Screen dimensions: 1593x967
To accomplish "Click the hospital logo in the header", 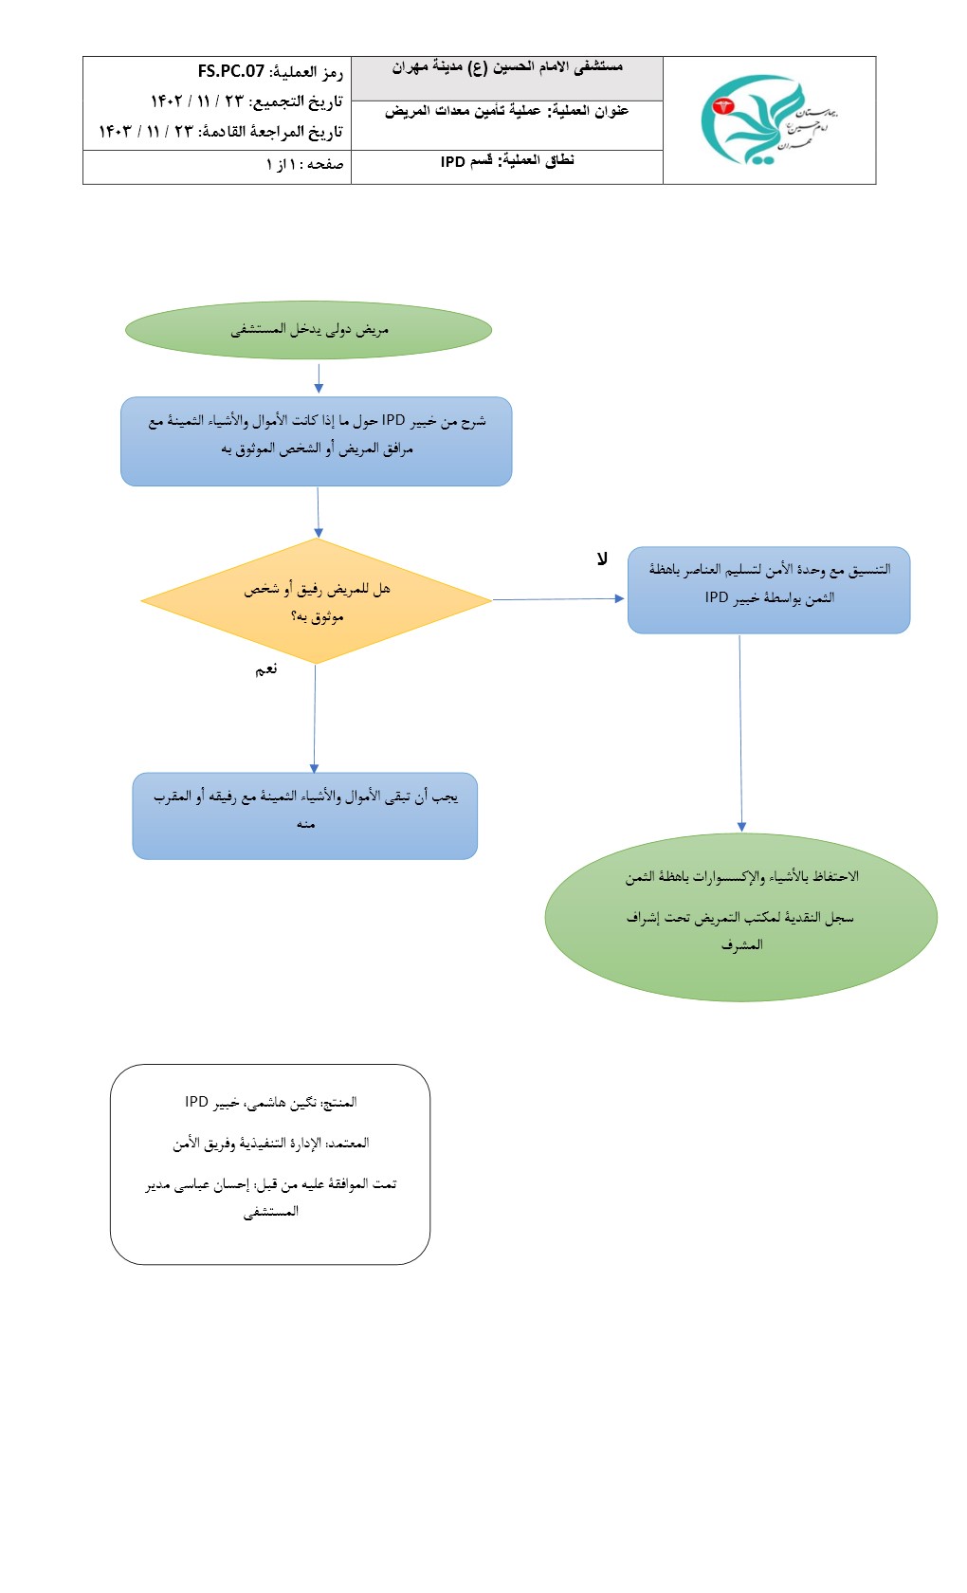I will click(x=768, y=120).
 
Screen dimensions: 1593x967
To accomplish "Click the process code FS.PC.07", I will click(x=230, y=72).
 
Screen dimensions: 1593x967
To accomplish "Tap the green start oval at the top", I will click(x=309, y=330).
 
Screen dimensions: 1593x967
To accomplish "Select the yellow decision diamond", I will click(x=316, y=601).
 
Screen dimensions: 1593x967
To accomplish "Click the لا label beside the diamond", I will click(x=602, y=559).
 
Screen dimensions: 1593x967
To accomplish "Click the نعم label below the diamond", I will click(x=266, y=669).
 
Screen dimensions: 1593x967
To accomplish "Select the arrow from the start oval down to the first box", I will click(x=319, y=376).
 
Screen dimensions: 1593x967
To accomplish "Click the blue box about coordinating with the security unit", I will click(x=769, y=590).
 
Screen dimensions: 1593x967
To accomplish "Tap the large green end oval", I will click(x=740, y=916).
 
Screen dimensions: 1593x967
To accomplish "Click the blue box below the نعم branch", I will click(x=304, y=815).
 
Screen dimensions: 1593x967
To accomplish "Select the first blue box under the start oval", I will click(x=316, y=441).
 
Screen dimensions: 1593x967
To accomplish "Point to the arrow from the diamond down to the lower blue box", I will click(x=315, y=718).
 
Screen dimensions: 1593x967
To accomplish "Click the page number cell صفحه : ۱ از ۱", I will click(x=304, y=165).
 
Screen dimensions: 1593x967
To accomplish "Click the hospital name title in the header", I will click(x=507, y=67).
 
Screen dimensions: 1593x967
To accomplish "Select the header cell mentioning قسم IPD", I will click(x=507, y=161).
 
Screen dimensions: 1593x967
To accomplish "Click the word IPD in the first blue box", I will click(x=393, y=420).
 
